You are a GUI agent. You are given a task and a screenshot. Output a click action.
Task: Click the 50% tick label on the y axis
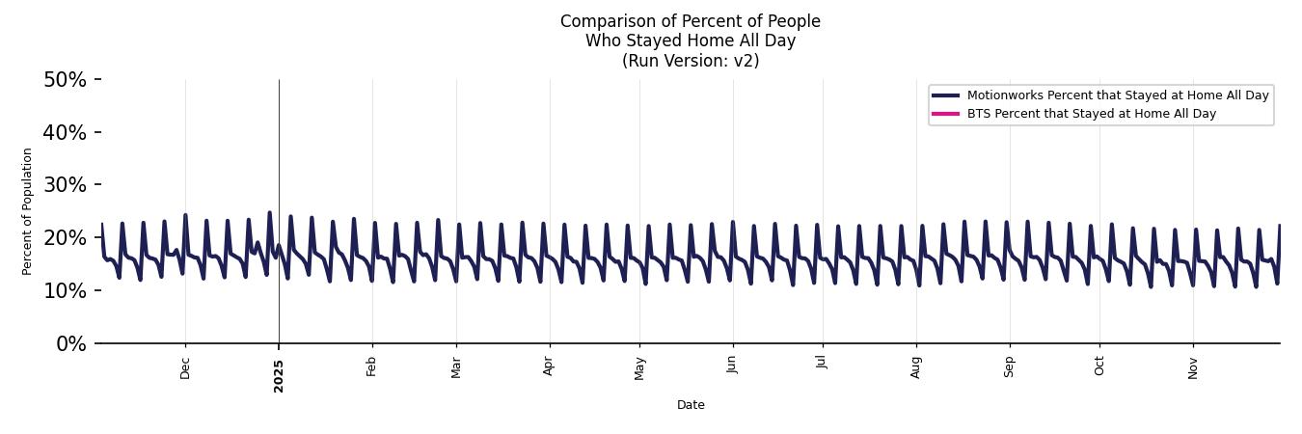[65, 79]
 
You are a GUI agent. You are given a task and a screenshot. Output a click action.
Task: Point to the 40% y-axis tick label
[65, 132]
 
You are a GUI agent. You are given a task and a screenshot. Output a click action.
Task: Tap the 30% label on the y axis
[65, 185]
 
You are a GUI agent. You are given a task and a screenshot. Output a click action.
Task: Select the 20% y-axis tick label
[65, 238]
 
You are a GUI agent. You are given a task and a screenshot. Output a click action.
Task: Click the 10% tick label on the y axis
[65, 291]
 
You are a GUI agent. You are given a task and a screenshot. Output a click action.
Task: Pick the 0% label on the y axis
[70, 344]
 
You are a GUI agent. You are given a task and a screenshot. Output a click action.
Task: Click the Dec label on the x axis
[185, 367]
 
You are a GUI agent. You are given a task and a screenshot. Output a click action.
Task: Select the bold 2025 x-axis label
[279, 370]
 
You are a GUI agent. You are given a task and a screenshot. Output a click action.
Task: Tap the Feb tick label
[371, 366]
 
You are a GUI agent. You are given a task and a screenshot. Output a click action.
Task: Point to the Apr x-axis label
[549, 366]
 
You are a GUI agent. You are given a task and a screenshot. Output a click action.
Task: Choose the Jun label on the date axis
[732, 366]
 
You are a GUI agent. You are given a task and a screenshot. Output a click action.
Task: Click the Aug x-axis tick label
[916, 367]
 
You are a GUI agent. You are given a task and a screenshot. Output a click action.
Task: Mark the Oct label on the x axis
[1099, 366]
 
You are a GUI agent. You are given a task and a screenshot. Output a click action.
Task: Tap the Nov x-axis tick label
[1193, 367]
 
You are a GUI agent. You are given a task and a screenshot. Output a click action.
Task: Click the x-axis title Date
[691, 405]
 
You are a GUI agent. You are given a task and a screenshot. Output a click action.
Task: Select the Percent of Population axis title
[28, 211]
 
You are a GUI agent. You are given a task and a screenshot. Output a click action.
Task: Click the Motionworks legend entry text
[1118, 95]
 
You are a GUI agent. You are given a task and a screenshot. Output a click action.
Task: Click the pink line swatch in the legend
[945, 114]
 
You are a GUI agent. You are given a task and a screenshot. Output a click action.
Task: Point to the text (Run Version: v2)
[691, 61]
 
